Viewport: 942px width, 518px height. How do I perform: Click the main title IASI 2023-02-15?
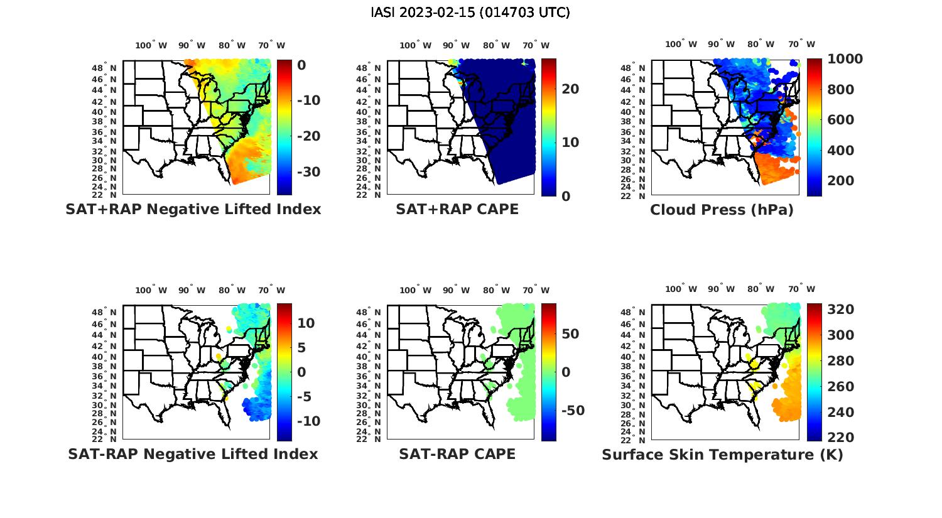pos(470,13)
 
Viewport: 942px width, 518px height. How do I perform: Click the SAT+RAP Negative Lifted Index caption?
pos(193,209)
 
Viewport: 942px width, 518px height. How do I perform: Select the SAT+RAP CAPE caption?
pos(457,209)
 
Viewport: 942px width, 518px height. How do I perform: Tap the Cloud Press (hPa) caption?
pos(722,210)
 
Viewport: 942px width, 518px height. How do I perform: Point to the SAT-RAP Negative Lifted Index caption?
pos(193,454)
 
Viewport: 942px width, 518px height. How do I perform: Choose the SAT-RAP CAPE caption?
pos(457,454)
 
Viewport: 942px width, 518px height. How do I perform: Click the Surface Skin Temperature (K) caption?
pos(722,455)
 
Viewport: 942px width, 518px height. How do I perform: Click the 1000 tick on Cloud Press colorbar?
pos(845,59)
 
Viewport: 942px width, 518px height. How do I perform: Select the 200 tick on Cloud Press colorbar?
pos(841,181)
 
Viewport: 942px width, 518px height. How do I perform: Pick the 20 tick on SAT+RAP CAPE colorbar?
pos(570,89)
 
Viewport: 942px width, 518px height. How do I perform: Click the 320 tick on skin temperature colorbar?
pos(841,310)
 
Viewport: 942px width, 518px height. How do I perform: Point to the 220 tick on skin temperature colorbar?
pos(841,437)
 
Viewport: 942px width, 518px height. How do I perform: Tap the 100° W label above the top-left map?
pos(151,45)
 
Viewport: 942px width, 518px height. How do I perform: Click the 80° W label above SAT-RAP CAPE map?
pos(495,290)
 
